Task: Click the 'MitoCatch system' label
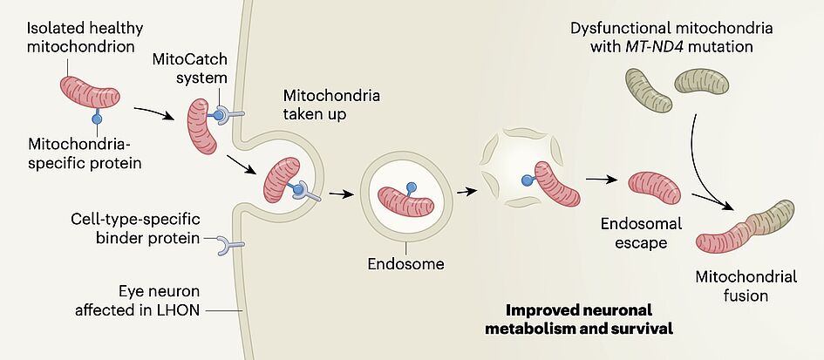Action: (x=200, y=69)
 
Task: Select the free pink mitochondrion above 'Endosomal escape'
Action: (x=655, y=185)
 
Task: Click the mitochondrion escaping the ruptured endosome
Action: (x=556, y=182)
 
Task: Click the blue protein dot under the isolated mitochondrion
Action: (x=98, y=118)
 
